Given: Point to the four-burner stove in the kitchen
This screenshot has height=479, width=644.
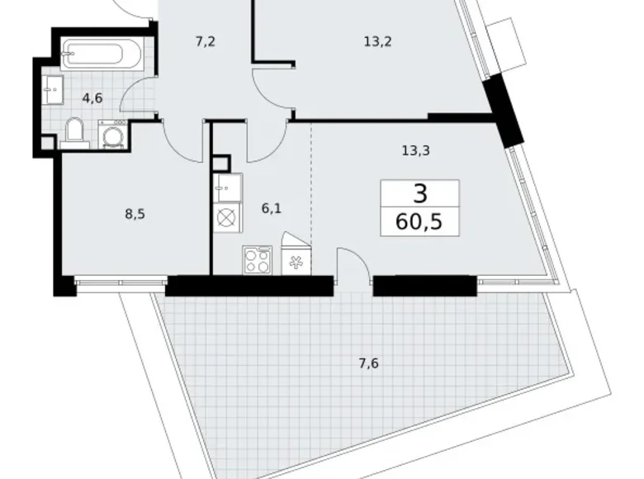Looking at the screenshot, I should pyautogui.click(x=258, y=260).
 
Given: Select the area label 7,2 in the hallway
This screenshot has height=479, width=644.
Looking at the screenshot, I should pyautogui.click(x=206, y=41).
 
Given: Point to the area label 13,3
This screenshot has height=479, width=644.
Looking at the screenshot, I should pyautogui.click(x=414, y=150).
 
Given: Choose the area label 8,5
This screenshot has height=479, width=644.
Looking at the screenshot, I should pyautogui.click(x=133, y=214).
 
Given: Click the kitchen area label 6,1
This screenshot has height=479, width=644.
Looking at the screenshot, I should pyautogui.click(x=272, y=209).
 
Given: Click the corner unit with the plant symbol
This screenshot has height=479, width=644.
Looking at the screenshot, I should pyautogui.click(x=295, y=259).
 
